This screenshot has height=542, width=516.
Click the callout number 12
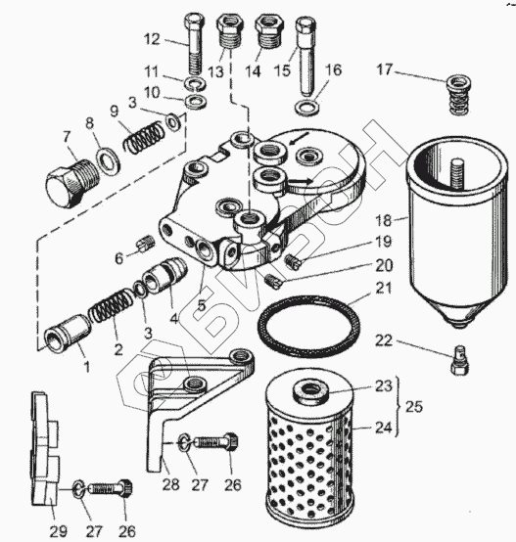click(x=152, y=39)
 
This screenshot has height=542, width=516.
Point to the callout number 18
click(x=384, y=220)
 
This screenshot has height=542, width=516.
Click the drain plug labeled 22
click(x=460, y=360)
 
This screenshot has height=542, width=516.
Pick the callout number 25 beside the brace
click(x=414, y=407)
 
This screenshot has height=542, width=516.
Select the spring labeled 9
click(x=144, y=136)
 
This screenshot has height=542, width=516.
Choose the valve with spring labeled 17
click(x=459, y=96)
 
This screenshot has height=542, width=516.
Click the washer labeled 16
click(x=307, y=108)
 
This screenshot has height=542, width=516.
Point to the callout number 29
click(x=59, y=530)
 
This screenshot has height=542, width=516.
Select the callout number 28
click(x=170, y=484)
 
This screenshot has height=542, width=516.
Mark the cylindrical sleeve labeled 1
click(x=68, y=333)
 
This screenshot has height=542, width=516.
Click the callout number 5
click(x=202, y=305)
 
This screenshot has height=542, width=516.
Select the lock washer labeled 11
click(x=196, y=84)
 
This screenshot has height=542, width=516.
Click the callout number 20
click(x=384, y=265)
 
